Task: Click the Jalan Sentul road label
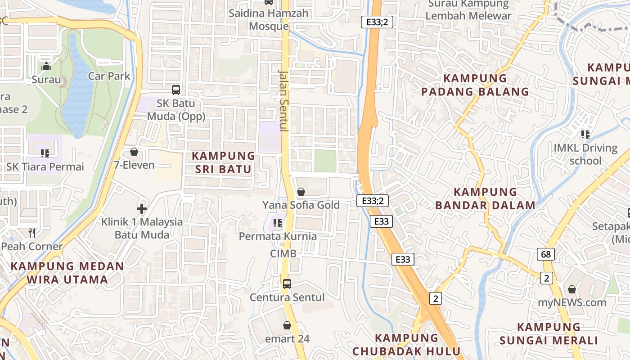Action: coord(283,100)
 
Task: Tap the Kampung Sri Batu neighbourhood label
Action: coord(223,162)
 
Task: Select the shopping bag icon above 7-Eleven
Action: coord(134,152)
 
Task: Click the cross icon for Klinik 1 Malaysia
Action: coord(142,208)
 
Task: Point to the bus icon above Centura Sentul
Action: coord(287,284)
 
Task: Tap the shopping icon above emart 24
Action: coord(287,325)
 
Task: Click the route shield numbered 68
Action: coord(546,254)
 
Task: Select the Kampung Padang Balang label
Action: coord(475,85)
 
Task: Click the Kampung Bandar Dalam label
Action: coord(486,198)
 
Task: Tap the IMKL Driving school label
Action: coord(585,154)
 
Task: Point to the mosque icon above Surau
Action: coord(46,67)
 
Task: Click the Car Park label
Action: coord(109,76)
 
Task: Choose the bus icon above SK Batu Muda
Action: coord(176,90)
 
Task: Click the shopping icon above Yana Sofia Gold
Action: coord(301,192)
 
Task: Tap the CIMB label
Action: coord(283,253)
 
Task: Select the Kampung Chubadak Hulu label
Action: coord(406,344)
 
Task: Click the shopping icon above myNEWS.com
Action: coord(572,289)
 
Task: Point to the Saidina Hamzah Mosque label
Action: coord(269,19)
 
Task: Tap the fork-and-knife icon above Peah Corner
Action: coord(32,233)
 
